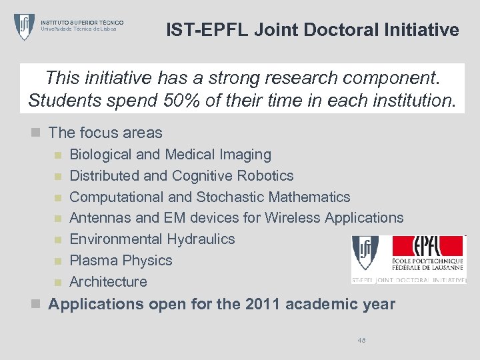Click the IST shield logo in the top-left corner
pyautogui.click(x=25, y=26)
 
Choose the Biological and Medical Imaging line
pyautogui.click(x=170, y=155)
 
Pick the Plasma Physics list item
pyautogui.click(x=121, y=261)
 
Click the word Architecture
pyautogui.click(x=108, y=282)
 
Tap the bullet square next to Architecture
pyautogui.click(x=58, y=282)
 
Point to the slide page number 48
pyautogui.click(x=361, y=340)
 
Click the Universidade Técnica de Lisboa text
pyautogui.click(x=79, y=29)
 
